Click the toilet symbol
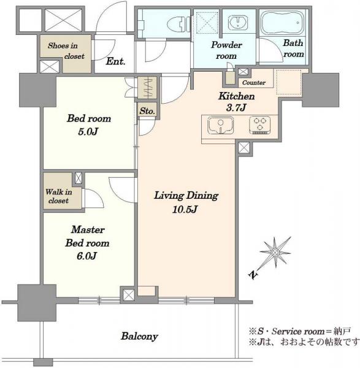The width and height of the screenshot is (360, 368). (x=179, y=24)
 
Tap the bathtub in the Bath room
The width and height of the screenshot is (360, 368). (x=283, y=23)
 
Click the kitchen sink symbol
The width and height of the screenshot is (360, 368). (x=221, y=126)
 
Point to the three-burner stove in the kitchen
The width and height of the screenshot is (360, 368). (x=260, y=125)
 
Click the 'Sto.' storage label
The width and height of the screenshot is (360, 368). (x=147, y=111)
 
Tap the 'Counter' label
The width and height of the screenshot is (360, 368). (x=254, y=83)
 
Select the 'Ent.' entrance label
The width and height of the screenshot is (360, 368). (x=115, y=61)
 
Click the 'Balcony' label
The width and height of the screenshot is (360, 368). (x=139, y=336)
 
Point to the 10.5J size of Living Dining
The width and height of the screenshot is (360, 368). (x=185, y=209)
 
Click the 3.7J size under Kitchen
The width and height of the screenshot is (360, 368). (x=236, y=108)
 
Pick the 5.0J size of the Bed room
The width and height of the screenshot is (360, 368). (x=88, y=132)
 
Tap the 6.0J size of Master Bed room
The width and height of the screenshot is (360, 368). (x=86, y=256)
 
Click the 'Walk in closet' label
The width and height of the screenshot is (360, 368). (x=59, y=196)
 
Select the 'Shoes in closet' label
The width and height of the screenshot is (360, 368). (x=63, y=51)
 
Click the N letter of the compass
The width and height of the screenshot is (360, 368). (x=253, y=275)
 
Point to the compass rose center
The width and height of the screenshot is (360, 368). (x=275, y=253)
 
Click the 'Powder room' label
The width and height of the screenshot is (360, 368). (x=226, y=50)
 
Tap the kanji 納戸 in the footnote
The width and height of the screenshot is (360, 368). (x=343, y=331)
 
